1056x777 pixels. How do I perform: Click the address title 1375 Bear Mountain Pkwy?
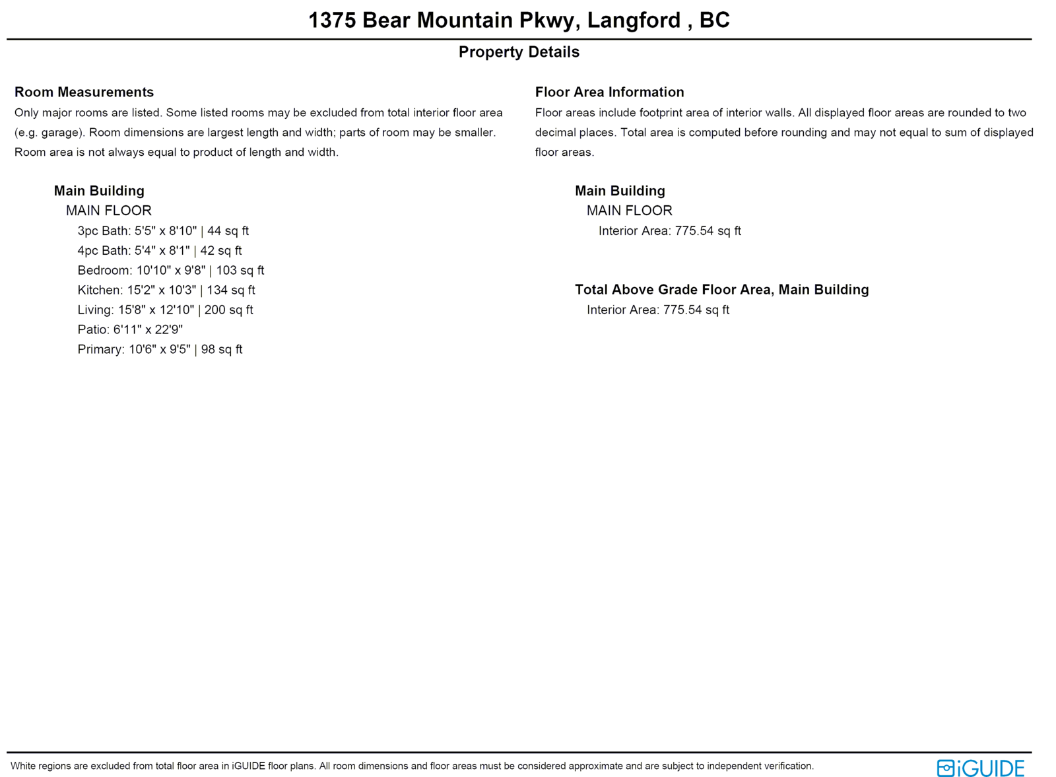(x=519, y=20)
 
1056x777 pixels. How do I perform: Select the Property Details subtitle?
(x=519, y=52)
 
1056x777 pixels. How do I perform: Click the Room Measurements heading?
(x=84, y=92)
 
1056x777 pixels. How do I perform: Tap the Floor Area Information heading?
(x=609, y=92)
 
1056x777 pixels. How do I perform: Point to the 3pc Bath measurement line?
(x=163, y=231)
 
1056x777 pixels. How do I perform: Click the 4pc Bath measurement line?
(x=160, y=251)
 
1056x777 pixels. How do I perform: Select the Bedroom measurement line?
(x=170, y=271)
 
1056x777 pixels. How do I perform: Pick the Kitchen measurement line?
(x=166, y=290)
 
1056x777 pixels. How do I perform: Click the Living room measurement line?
(x=165, y=310)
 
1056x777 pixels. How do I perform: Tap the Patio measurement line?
(x=130, y=329)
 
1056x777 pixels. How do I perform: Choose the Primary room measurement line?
(x=160, y=350)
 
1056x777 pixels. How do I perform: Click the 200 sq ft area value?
(x=228, y=310)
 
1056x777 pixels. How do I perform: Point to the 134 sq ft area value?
(x=231, y=290)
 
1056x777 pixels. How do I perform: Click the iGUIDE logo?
(x=980, y=768)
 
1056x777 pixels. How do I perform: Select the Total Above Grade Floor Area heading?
(x=721, y=290)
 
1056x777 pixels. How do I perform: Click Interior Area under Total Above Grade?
(x=657, y=310)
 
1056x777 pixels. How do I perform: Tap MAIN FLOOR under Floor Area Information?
(x=629, y=211)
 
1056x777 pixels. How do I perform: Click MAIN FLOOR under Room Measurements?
(x=108, y=211)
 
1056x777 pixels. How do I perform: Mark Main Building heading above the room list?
(x=99, y=191)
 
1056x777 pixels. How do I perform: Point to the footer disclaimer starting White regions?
(x=412, y=766)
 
